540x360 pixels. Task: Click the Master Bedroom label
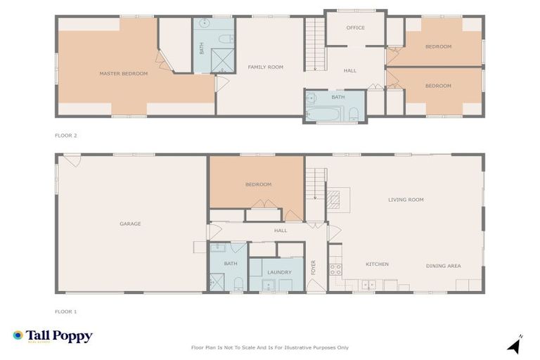(x=123, y=74)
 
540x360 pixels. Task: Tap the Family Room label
(x=265, y=67)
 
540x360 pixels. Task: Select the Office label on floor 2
(x=355, y=28)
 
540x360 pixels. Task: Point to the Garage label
(x=130, y=224)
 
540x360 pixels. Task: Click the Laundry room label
(x=279, y=272)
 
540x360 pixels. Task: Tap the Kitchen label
(x=377, y=264)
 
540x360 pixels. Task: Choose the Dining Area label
(x=443, y=266)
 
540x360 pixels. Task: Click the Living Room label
(x=406, y=200)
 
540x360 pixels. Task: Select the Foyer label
(x=314, y=266)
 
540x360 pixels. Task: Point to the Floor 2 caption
(x=65, y=134)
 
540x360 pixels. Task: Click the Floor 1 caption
(x=65, y=310)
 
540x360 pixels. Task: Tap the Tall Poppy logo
(x=53, y=337)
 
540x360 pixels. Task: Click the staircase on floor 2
(x=314, y=44)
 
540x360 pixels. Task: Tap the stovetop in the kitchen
(x=335, y=269)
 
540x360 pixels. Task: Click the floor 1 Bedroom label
(x=258, y=185)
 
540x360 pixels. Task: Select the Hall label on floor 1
(x=281, y=230)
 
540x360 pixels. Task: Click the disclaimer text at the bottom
(x=270, y=347)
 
